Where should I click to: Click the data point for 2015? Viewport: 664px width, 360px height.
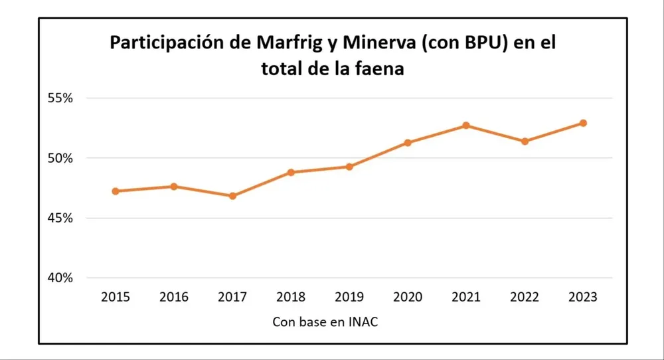click(116, 191)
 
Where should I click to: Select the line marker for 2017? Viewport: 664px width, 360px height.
click(232, 196)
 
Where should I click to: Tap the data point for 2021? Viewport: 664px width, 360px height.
click(466, 126)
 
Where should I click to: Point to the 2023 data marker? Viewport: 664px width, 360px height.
click(583, 123)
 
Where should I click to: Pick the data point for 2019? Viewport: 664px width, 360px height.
click(349, 167)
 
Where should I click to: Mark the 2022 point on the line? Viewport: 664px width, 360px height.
click(525, 141)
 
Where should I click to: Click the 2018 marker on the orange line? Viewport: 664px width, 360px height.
click(291, 172)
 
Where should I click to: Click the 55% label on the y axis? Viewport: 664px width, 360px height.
click(60, 98)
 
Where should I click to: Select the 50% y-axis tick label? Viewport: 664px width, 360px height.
click(60, 158)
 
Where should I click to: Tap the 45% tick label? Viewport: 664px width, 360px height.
click(60, 218)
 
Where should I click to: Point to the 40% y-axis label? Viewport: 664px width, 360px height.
click(60, 278)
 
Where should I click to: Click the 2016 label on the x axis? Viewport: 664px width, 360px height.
click(174, 298)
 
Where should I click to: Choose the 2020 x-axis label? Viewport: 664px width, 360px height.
click(408, 298)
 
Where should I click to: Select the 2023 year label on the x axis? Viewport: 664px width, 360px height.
click(583, 298)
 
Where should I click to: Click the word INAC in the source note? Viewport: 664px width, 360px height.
click(364, 321)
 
